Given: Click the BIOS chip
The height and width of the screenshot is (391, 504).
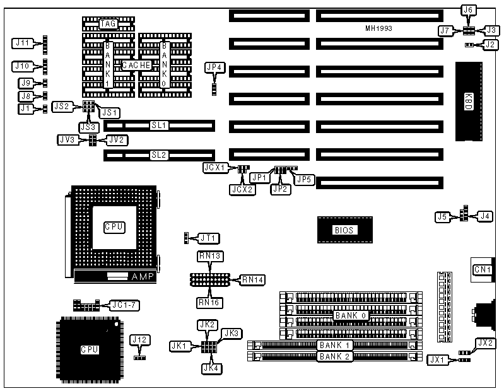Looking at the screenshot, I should [344, 230].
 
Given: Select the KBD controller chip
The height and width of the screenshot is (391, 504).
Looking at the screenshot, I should [468, 101].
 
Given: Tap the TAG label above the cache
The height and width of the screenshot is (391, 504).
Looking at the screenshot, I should [108, 23].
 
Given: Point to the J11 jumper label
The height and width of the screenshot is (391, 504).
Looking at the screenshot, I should [23, 43].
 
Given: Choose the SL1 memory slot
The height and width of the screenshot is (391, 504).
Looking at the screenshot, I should [158, 125].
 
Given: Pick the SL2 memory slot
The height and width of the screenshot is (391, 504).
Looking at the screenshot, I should [158, 154].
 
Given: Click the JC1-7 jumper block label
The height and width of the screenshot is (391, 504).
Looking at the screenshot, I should [124, 304].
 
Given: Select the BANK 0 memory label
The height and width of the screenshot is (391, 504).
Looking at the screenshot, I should [350, 315].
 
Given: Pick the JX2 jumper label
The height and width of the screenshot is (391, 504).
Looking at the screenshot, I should [485, 343].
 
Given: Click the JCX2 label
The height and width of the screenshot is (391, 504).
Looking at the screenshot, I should [242, 189].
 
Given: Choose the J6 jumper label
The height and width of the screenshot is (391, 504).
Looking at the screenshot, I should [469, 9].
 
